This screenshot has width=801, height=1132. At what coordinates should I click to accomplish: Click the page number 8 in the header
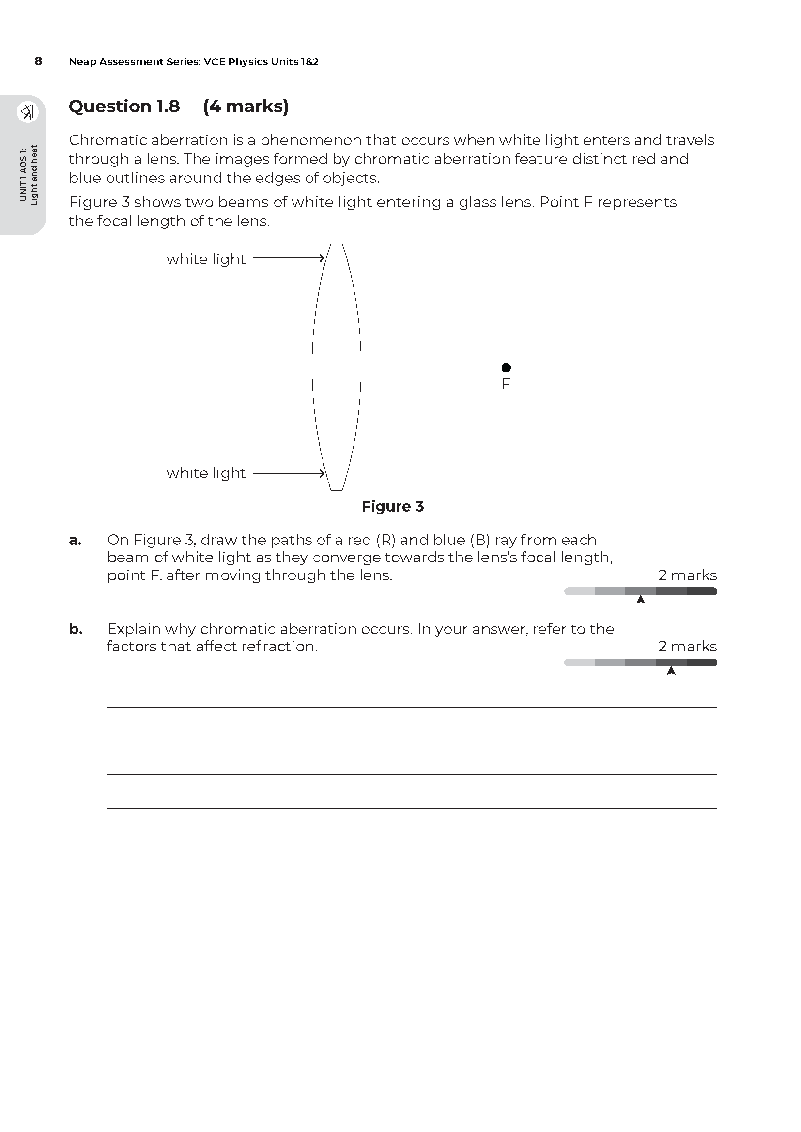(38, 61)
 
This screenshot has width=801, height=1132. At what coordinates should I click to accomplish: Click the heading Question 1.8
(124, 106)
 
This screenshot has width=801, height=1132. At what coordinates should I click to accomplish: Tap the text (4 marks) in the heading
(246, 106)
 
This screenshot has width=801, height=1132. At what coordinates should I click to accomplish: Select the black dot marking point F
(506, 368)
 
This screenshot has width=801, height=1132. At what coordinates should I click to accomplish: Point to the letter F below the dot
(506, 384)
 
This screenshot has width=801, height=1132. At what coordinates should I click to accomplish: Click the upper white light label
(206, 259)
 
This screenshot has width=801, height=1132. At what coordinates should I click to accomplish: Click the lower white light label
(206, 473)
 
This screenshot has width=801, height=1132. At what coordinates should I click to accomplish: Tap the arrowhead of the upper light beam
(322, 258)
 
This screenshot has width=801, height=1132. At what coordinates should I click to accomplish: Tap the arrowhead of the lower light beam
(322, 474)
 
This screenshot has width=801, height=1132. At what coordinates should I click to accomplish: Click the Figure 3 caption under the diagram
(393, 506)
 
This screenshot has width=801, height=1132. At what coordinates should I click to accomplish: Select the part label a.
(75, 541)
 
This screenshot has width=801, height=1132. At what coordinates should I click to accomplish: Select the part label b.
(75, 629)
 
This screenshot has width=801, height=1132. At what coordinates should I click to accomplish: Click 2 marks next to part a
(687, 575)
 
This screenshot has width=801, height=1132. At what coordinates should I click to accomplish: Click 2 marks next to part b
(687, 647)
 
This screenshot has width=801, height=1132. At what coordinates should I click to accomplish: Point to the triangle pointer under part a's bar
(641, 600)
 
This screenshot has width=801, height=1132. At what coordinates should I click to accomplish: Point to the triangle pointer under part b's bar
(671, 671)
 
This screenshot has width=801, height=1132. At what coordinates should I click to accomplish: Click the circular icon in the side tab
(28, 112)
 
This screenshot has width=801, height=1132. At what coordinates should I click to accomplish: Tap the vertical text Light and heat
(34, 175)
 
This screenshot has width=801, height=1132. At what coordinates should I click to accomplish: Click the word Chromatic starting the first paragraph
(108, 140)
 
